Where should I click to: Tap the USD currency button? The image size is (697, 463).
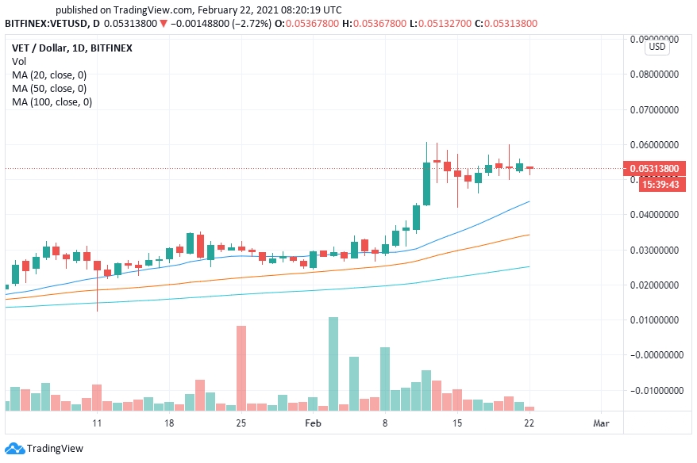tap(657, 47)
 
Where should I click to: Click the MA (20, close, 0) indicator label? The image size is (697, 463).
tap(49, 75)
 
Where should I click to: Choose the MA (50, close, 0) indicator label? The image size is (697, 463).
tap(49, 88)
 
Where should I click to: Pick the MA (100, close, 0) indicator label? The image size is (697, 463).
tap(52, 101)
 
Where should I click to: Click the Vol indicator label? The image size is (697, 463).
tap(19, 61)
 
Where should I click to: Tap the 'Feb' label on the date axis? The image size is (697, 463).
tap(313, 423)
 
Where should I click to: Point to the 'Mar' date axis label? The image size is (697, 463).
tap(601, 423)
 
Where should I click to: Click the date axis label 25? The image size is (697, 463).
tap(241, 423)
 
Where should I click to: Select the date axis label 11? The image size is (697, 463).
tap(97, 423)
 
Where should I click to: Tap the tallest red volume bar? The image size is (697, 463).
tap(241, 367)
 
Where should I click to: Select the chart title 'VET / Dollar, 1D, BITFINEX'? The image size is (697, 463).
tap(72, 48)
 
